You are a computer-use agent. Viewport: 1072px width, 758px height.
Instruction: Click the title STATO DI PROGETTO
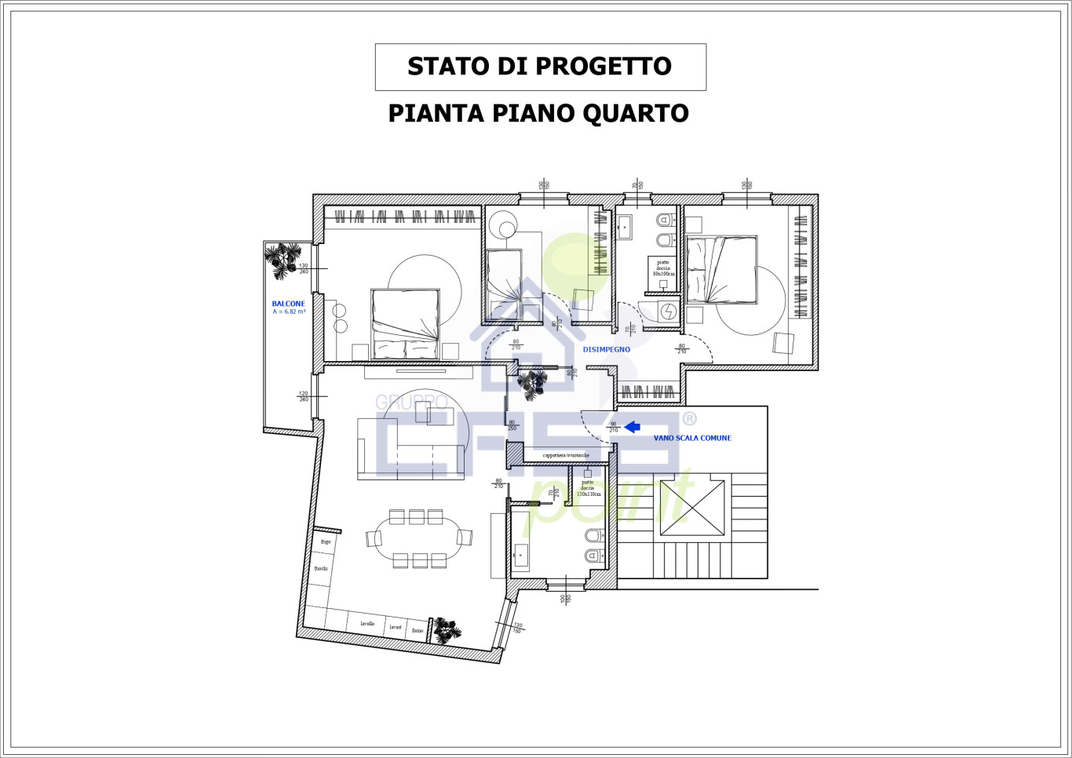pos(539,67)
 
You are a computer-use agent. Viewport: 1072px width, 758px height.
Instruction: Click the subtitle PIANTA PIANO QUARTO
pos(538,114)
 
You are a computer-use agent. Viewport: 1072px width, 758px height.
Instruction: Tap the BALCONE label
pos(288,304)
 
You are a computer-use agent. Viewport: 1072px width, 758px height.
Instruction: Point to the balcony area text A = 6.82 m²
pos(289,312)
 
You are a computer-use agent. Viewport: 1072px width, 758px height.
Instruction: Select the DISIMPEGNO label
pos(606,349)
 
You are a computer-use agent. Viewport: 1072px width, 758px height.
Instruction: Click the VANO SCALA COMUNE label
pos(692,438)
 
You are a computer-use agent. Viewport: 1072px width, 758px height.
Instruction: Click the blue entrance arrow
pos(632,427)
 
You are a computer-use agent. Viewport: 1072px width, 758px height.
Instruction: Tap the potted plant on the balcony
pos(282,260)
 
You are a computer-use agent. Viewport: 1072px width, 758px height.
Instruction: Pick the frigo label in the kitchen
pos(326,541)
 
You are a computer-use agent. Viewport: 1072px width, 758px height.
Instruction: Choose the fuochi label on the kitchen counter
pos(321,568)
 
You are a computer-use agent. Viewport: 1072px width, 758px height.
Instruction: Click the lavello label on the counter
pos(367,624)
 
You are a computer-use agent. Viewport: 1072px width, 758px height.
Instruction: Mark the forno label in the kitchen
pos(417,630)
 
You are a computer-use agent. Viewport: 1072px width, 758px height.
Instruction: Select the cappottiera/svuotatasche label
pos(566,455)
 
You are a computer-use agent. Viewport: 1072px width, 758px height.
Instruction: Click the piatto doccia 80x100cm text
pos(663,268)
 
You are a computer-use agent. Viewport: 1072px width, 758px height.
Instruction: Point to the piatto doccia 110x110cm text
pos(588,488)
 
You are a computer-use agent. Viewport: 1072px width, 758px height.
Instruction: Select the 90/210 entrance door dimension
pos(614,427)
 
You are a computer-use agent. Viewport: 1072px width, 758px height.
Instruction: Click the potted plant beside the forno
pos(447,629)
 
